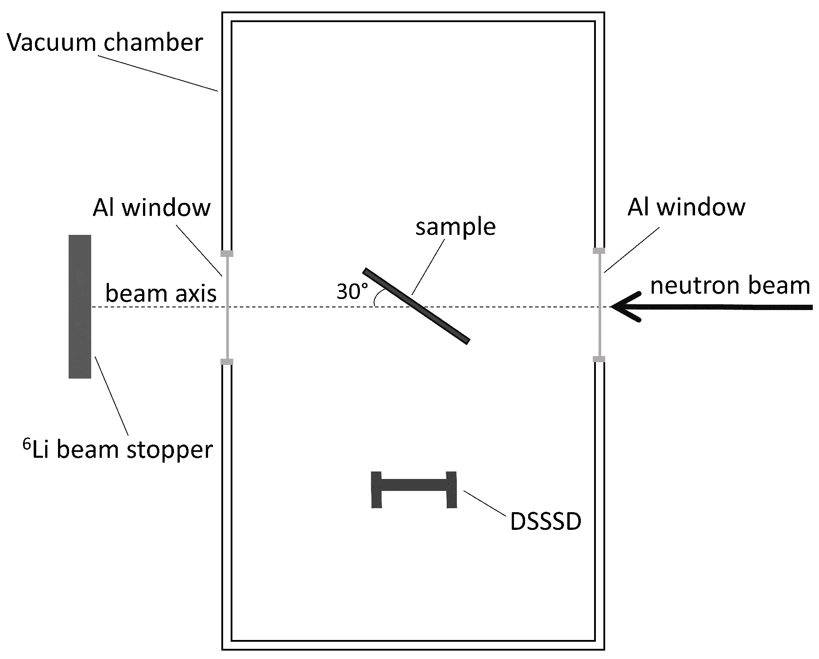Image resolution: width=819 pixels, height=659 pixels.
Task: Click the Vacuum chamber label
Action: point(105,43)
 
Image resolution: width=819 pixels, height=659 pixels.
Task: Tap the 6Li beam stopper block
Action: point(80,306)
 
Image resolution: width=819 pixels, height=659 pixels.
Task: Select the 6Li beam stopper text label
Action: point(118,449)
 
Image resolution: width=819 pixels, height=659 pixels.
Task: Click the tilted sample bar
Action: point(416,306)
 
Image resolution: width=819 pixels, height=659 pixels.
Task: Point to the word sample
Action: point(455,227)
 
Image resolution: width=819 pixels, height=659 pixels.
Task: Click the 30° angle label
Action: point(352,291)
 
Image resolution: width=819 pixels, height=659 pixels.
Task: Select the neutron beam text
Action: point(730,285)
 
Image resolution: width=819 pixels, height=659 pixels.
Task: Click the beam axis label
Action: point(161,293)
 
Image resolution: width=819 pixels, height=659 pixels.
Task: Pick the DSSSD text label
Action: point(545,521)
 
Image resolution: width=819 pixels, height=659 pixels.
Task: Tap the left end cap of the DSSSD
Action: point(376,490)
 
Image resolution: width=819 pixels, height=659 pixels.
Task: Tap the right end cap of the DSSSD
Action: point(452,490)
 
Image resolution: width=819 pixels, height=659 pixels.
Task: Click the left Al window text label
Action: point(151,207)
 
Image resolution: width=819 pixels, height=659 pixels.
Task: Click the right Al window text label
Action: point(686,207)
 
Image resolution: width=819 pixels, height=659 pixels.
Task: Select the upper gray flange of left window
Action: point(227,253)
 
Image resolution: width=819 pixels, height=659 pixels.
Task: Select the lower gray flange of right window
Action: point(599,359)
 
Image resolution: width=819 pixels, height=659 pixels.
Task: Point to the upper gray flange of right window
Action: point(599,251)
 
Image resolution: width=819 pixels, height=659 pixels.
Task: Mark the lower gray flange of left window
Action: point(227,362)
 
